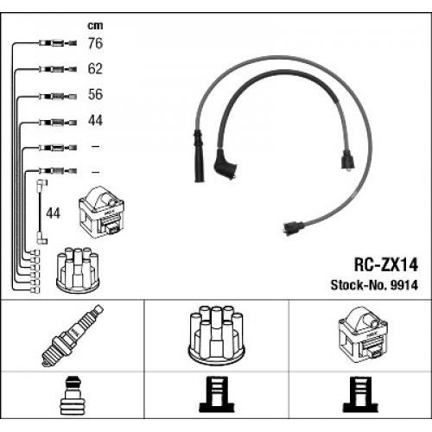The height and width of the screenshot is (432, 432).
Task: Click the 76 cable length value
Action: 95,43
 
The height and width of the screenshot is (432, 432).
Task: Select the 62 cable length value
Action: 95,68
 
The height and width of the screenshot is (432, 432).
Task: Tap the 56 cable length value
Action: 95,94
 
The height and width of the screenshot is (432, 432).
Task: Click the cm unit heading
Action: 95,26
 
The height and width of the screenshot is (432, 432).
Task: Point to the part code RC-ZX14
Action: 385,264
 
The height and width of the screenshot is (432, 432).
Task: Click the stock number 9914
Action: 403,285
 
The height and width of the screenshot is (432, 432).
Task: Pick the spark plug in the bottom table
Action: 73,335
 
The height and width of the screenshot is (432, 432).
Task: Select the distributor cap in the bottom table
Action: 216,334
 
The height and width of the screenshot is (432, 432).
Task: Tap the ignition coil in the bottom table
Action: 363,334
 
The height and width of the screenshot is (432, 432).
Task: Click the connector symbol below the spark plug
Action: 73,395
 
